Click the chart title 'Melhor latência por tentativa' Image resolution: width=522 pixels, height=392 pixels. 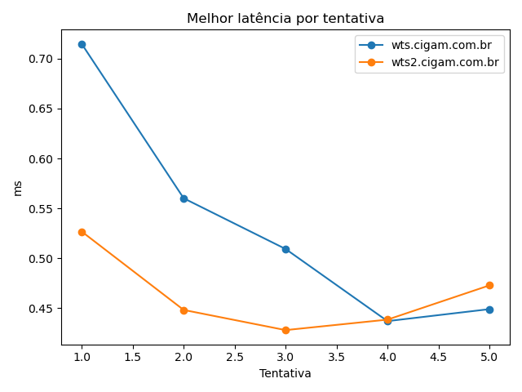coord(285,18)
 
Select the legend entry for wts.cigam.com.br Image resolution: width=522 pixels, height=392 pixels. coord(440,45)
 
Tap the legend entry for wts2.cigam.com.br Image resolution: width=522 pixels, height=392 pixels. coord(445,62)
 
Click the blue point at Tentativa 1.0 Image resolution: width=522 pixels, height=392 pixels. coord(82,44)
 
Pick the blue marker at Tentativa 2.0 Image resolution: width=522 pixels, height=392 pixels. coord(184,198)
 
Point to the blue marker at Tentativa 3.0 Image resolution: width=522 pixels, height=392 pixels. coord(285,249)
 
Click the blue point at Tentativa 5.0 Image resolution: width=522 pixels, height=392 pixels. coord(489,310)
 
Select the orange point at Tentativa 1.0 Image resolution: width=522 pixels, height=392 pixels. coord(82,232)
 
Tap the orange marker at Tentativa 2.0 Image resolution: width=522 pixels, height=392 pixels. coord(184,310)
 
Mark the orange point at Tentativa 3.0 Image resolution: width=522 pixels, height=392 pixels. coord(285,330)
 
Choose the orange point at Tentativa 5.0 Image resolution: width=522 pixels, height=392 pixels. coord(489,285)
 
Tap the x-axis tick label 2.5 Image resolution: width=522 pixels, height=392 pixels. coord(234,357)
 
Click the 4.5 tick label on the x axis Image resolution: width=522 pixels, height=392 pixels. coord(438,357)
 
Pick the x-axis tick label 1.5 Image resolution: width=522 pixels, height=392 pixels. coord(132,357)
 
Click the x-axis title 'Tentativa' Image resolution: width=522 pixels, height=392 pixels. coord(285,373)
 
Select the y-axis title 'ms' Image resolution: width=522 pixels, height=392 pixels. coord(18,188)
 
